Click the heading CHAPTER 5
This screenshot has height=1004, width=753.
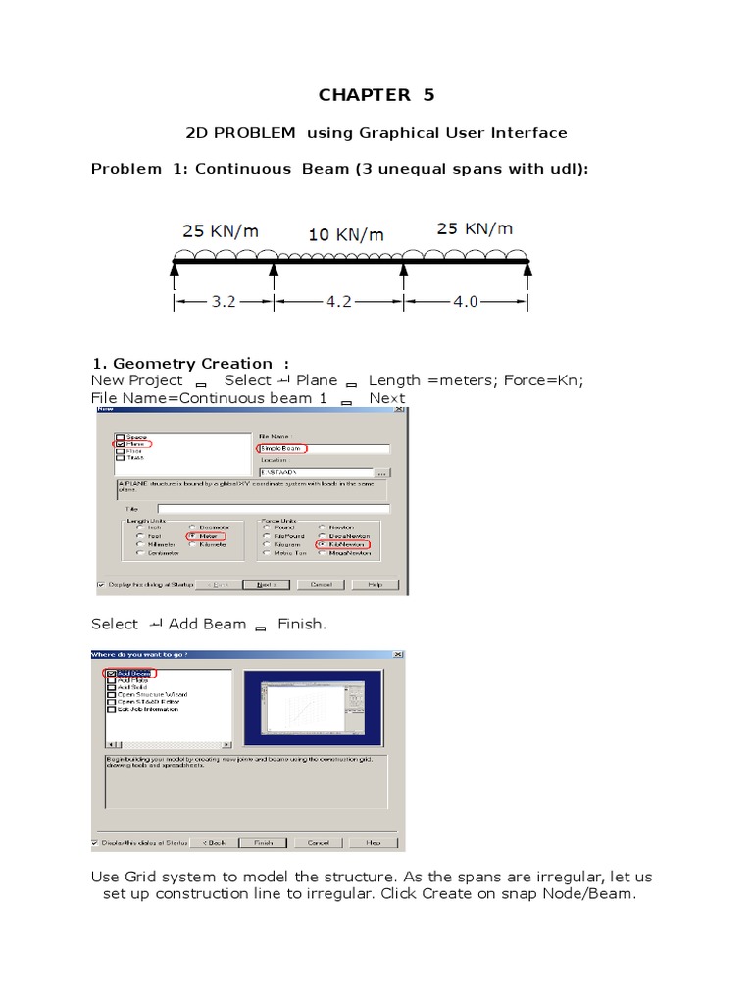coord(376,95)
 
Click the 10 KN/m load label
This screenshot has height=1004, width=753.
coord(346,235)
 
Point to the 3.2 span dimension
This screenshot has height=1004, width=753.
coord(224,302)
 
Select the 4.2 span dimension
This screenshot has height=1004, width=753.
coord(337,302)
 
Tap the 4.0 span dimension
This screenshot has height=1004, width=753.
coord(465,302)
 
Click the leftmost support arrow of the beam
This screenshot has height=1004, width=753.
coord(175,267)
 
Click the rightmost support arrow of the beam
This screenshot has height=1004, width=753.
coord(527,267)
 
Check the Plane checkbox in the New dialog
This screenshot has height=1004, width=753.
coord(121,444)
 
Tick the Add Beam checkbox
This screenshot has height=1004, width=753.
coord(111,675)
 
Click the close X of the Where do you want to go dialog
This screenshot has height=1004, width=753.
coord(397,654)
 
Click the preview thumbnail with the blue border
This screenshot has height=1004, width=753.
coord(312,708)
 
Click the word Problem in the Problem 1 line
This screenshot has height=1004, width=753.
coord(125,169)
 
